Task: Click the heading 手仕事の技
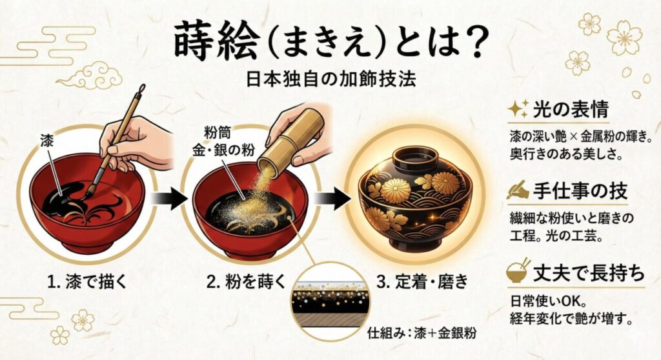click(x=580, y=191)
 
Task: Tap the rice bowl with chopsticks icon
click(x=517, y=272)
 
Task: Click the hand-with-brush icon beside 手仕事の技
click(x=518, y=190)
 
